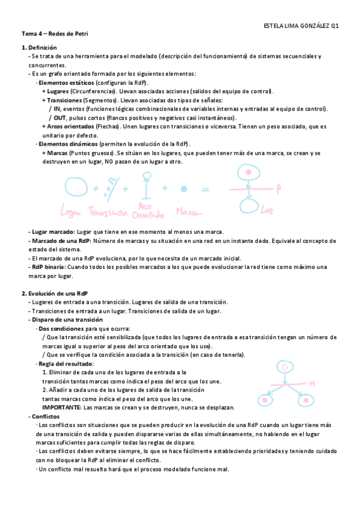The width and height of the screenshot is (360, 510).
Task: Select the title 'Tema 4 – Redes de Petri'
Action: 55,35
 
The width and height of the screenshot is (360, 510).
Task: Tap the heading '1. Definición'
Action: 40,47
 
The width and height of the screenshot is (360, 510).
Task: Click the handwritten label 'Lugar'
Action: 76,211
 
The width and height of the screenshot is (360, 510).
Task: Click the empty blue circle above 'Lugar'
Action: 77,186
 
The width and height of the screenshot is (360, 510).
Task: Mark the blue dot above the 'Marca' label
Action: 181,188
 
